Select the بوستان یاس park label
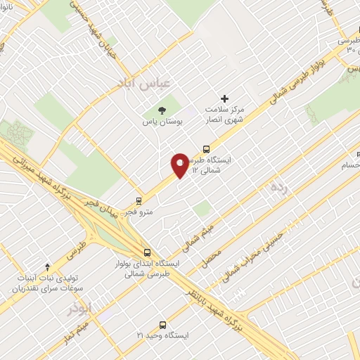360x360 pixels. point(164,122)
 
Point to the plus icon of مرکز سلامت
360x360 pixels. point(225,98)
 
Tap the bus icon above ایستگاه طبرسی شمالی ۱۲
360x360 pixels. point(206,149)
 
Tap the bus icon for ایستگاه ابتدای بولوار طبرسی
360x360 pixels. point(146,252)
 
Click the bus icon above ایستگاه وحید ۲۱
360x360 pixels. point(163,325)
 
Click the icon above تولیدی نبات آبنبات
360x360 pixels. point(47,266)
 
